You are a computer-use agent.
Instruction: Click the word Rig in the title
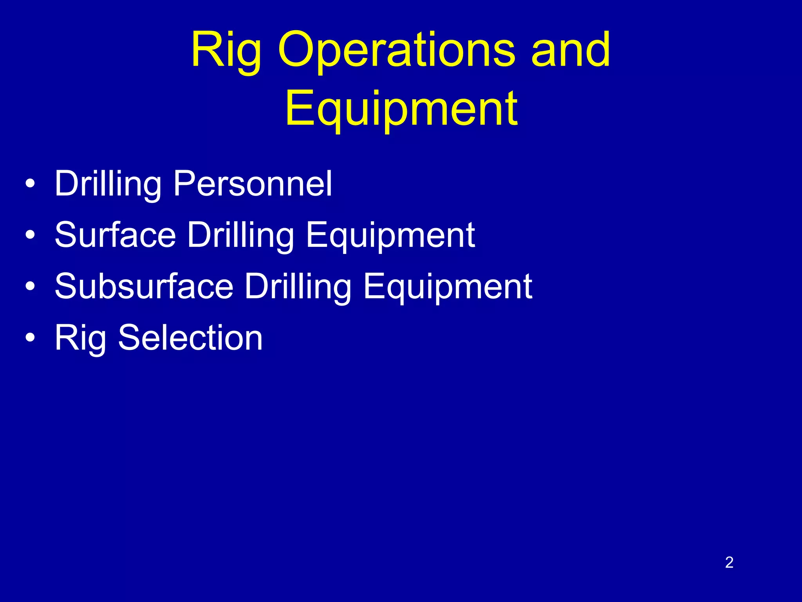pyautogui.click(x=226, y=51)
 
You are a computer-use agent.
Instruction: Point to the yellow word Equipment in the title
pyautogui.click(x=401, y=109)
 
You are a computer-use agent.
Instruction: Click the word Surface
pyautogui.click(x=116, y=235)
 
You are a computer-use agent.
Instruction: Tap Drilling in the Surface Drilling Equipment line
pyautogui.click(x=240, y=235)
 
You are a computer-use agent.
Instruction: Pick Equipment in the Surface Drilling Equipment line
pyautogui.click(x=390, y=235)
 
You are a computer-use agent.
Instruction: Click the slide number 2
pyautogui.click(x=729, y=562)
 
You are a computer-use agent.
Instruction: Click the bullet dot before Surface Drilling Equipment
pyautogui.click(x=30, y=235)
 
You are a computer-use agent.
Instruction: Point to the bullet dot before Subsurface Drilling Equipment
pyautogui.click(x=30, y=286)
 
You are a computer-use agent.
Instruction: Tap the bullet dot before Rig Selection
pyautogui.click(x=30, y=338)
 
